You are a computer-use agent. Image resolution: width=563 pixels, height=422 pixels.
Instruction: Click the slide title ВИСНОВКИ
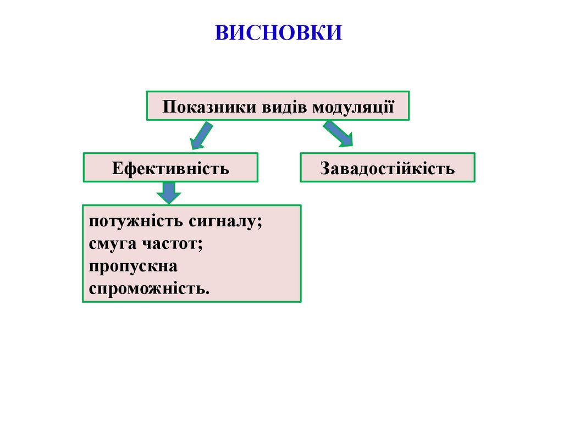pos(278,32)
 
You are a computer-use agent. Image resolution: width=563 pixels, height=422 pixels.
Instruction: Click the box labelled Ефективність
pos(170,168)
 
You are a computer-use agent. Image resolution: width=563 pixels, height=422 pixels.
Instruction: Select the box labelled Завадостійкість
pos(387,168)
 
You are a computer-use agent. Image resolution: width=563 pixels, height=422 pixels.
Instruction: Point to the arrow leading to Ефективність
pos(201,136)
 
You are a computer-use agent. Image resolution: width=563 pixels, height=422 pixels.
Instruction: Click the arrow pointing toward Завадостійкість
pos(338,134)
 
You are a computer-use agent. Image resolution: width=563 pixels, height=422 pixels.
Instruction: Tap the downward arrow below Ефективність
pos(169,192)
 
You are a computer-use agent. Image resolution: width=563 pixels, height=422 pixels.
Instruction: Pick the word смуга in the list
pos(113,244)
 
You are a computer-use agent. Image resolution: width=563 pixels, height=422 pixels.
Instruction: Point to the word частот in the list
pos(172,244)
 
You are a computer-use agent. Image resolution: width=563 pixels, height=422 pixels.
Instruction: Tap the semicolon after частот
pos(200,245)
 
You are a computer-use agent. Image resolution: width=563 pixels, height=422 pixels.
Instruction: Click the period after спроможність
pos(207,291)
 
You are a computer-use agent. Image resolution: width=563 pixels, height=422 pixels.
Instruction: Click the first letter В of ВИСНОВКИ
pos(221,32)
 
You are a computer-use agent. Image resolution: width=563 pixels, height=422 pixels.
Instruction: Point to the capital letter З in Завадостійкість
pos(324,168)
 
